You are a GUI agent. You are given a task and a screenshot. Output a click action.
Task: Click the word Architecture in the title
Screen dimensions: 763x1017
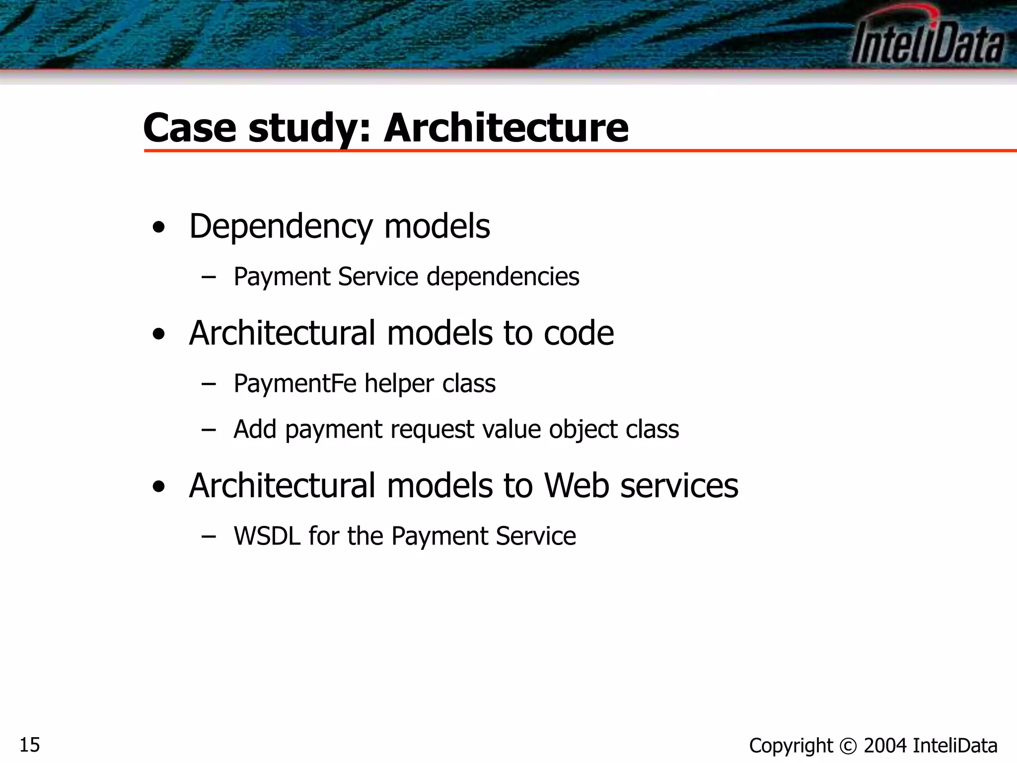pyautogui.click(x=506, y=128)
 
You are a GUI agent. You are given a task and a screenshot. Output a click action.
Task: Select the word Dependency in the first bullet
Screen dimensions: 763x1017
pyautogui.click(x=281, y=227)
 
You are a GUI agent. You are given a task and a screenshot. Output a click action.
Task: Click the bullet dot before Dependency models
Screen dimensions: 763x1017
pyautogui.click(x=159, y=228)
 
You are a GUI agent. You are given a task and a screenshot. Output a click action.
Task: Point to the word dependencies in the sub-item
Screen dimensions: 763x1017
pyautogui.click(x=503, y=277)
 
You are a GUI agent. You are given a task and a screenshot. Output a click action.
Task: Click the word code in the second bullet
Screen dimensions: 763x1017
pyautogui.click(x=579, y=333)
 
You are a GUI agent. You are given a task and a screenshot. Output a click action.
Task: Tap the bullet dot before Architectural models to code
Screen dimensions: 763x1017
pyautogui.click(x=159, y=335)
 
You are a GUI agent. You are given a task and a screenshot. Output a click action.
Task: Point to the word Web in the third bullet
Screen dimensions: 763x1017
pyautogui.click(x=577, y=485)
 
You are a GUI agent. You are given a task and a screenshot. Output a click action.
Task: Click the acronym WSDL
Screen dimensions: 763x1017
pyautogui.click(x=267, y=536)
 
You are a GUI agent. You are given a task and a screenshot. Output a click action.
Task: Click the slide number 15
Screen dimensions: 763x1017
pyautogui.click(x=30, y=745)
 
